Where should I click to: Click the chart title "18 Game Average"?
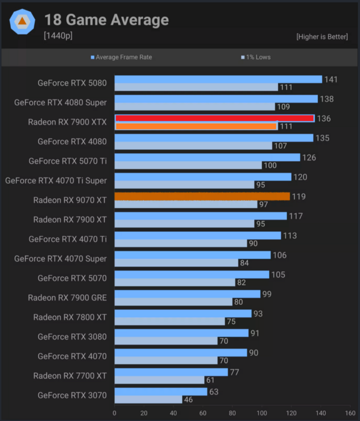(x=107, y=21)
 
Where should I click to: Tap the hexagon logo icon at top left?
(x=22, y=22)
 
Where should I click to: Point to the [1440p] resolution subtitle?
(x=58, y=36)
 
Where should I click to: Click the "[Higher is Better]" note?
(x=322, y=36)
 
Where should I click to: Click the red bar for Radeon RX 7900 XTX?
(x=214, y=118)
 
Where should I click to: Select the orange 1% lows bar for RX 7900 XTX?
(x=196, y=126)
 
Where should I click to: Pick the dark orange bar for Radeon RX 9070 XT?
(x=202, y=196)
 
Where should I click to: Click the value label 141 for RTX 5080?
(x=331, y=80)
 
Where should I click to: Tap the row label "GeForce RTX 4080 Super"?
(x=60, y=103)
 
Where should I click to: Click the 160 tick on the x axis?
(x=350, y=413)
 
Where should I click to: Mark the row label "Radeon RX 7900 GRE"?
(x=67, y=298)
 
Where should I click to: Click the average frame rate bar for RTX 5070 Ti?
(x=207, y=157)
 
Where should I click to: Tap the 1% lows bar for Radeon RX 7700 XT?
(x=159, y=380)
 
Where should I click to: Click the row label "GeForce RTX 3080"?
(x=72, y=337)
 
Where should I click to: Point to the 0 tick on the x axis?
(x=114, y=413)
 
